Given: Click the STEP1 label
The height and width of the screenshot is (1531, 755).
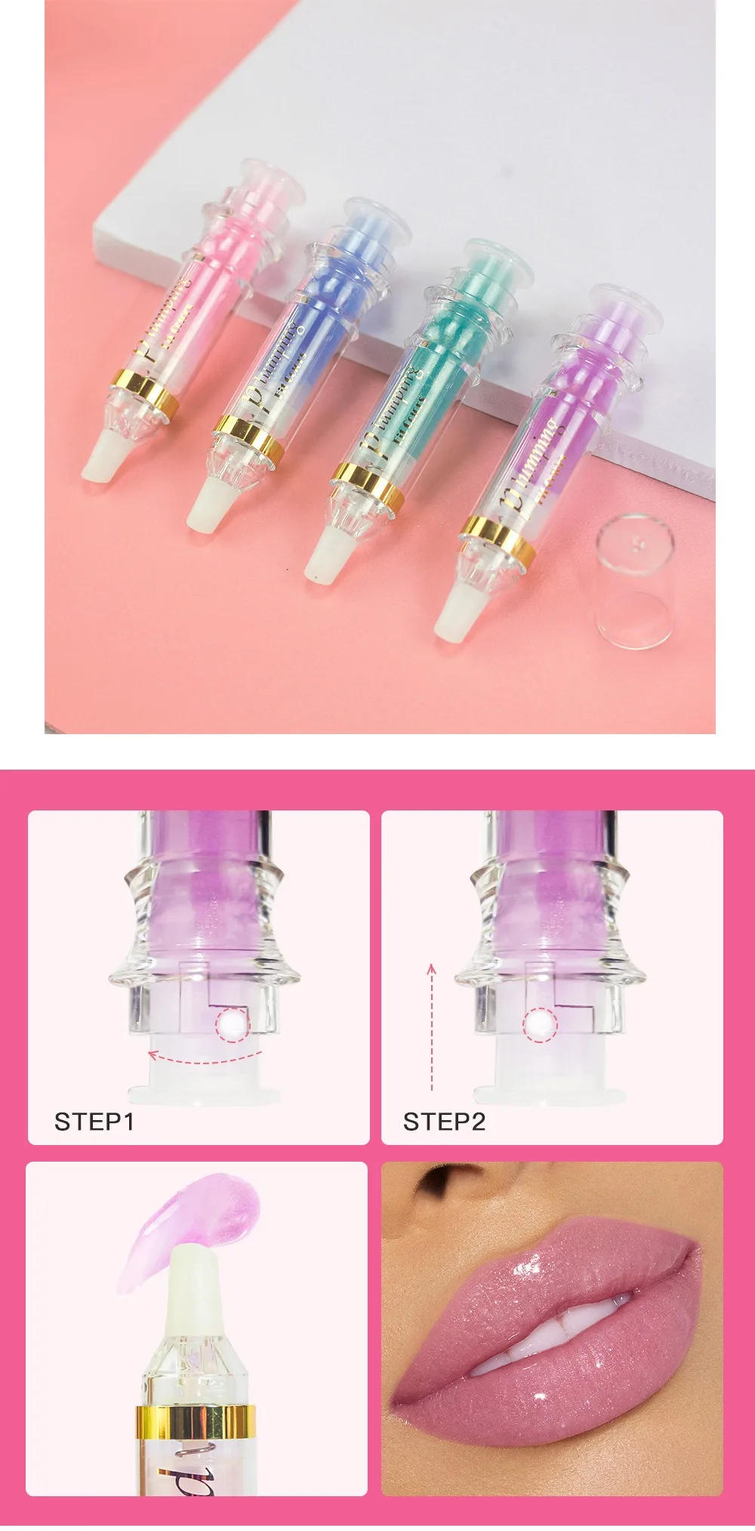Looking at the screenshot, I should tap(94, 1122).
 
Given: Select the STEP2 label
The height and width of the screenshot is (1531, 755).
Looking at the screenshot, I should tap(443, 1122).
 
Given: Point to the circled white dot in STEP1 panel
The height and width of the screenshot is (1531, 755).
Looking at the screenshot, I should tap(231, 1025).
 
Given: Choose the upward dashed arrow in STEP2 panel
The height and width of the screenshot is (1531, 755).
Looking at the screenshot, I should tap(432, 1027).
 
